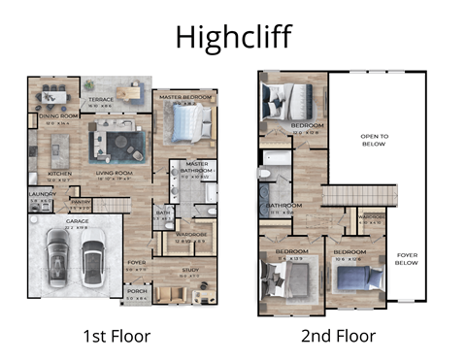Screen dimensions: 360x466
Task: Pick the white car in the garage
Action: click(x=93, y=260)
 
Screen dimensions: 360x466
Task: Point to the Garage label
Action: click(x=77, y=221)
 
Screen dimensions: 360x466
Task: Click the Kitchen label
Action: click(x=59, y=175)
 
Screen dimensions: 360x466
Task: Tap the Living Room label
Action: click(x=114, y=175)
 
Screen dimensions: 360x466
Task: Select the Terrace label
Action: click(x=101, y=99)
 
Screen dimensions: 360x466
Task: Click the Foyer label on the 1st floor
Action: click(x=137, y=261)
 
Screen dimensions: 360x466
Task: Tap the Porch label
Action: click(x=137, y=291)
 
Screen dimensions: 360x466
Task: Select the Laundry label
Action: click(x=39, y=193)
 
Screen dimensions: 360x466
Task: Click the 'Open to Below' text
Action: click(x=374, y=139)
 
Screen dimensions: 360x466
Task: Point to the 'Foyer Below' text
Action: click(x=408, y=258)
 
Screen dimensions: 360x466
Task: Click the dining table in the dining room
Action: click(x=53, y=96)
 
